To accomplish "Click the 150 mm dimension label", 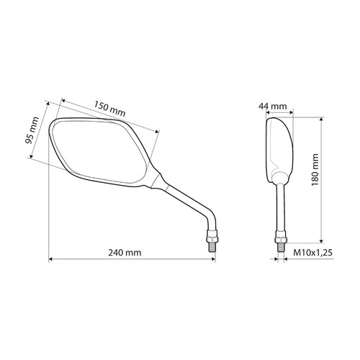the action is point(109,109).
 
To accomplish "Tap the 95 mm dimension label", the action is point(32,130).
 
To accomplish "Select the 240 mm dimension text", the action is point(125,253).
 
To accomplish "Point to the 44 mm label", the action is point(273,106).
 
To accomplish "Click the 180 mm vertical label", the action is point(315,170).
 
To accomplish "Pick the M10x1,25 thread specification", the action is point(313,253).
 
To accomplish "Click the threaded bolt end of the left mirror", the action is point(212,247).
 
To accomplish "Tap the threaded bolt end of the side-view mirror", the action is point(281,248).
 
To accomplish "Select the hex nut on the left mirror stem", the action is point(212,236).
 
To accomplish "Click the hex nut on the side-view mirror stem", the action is point(281,237).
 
